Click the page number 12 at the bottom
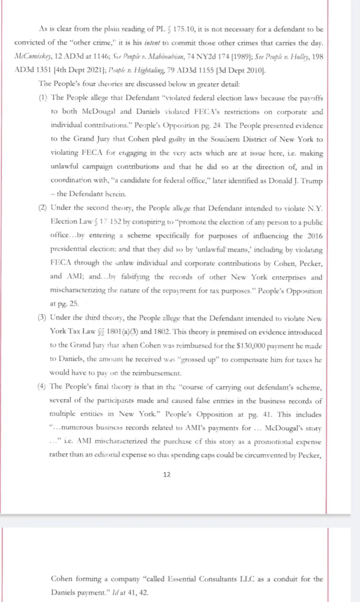(167, 474)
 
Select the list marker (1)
(43, 97)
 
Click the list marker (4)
(41, 386)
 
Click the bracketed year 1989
(241, 56)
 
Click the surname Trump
(312, 181)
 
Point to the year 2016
(315, 236)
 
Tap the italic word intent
(152, 43)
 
